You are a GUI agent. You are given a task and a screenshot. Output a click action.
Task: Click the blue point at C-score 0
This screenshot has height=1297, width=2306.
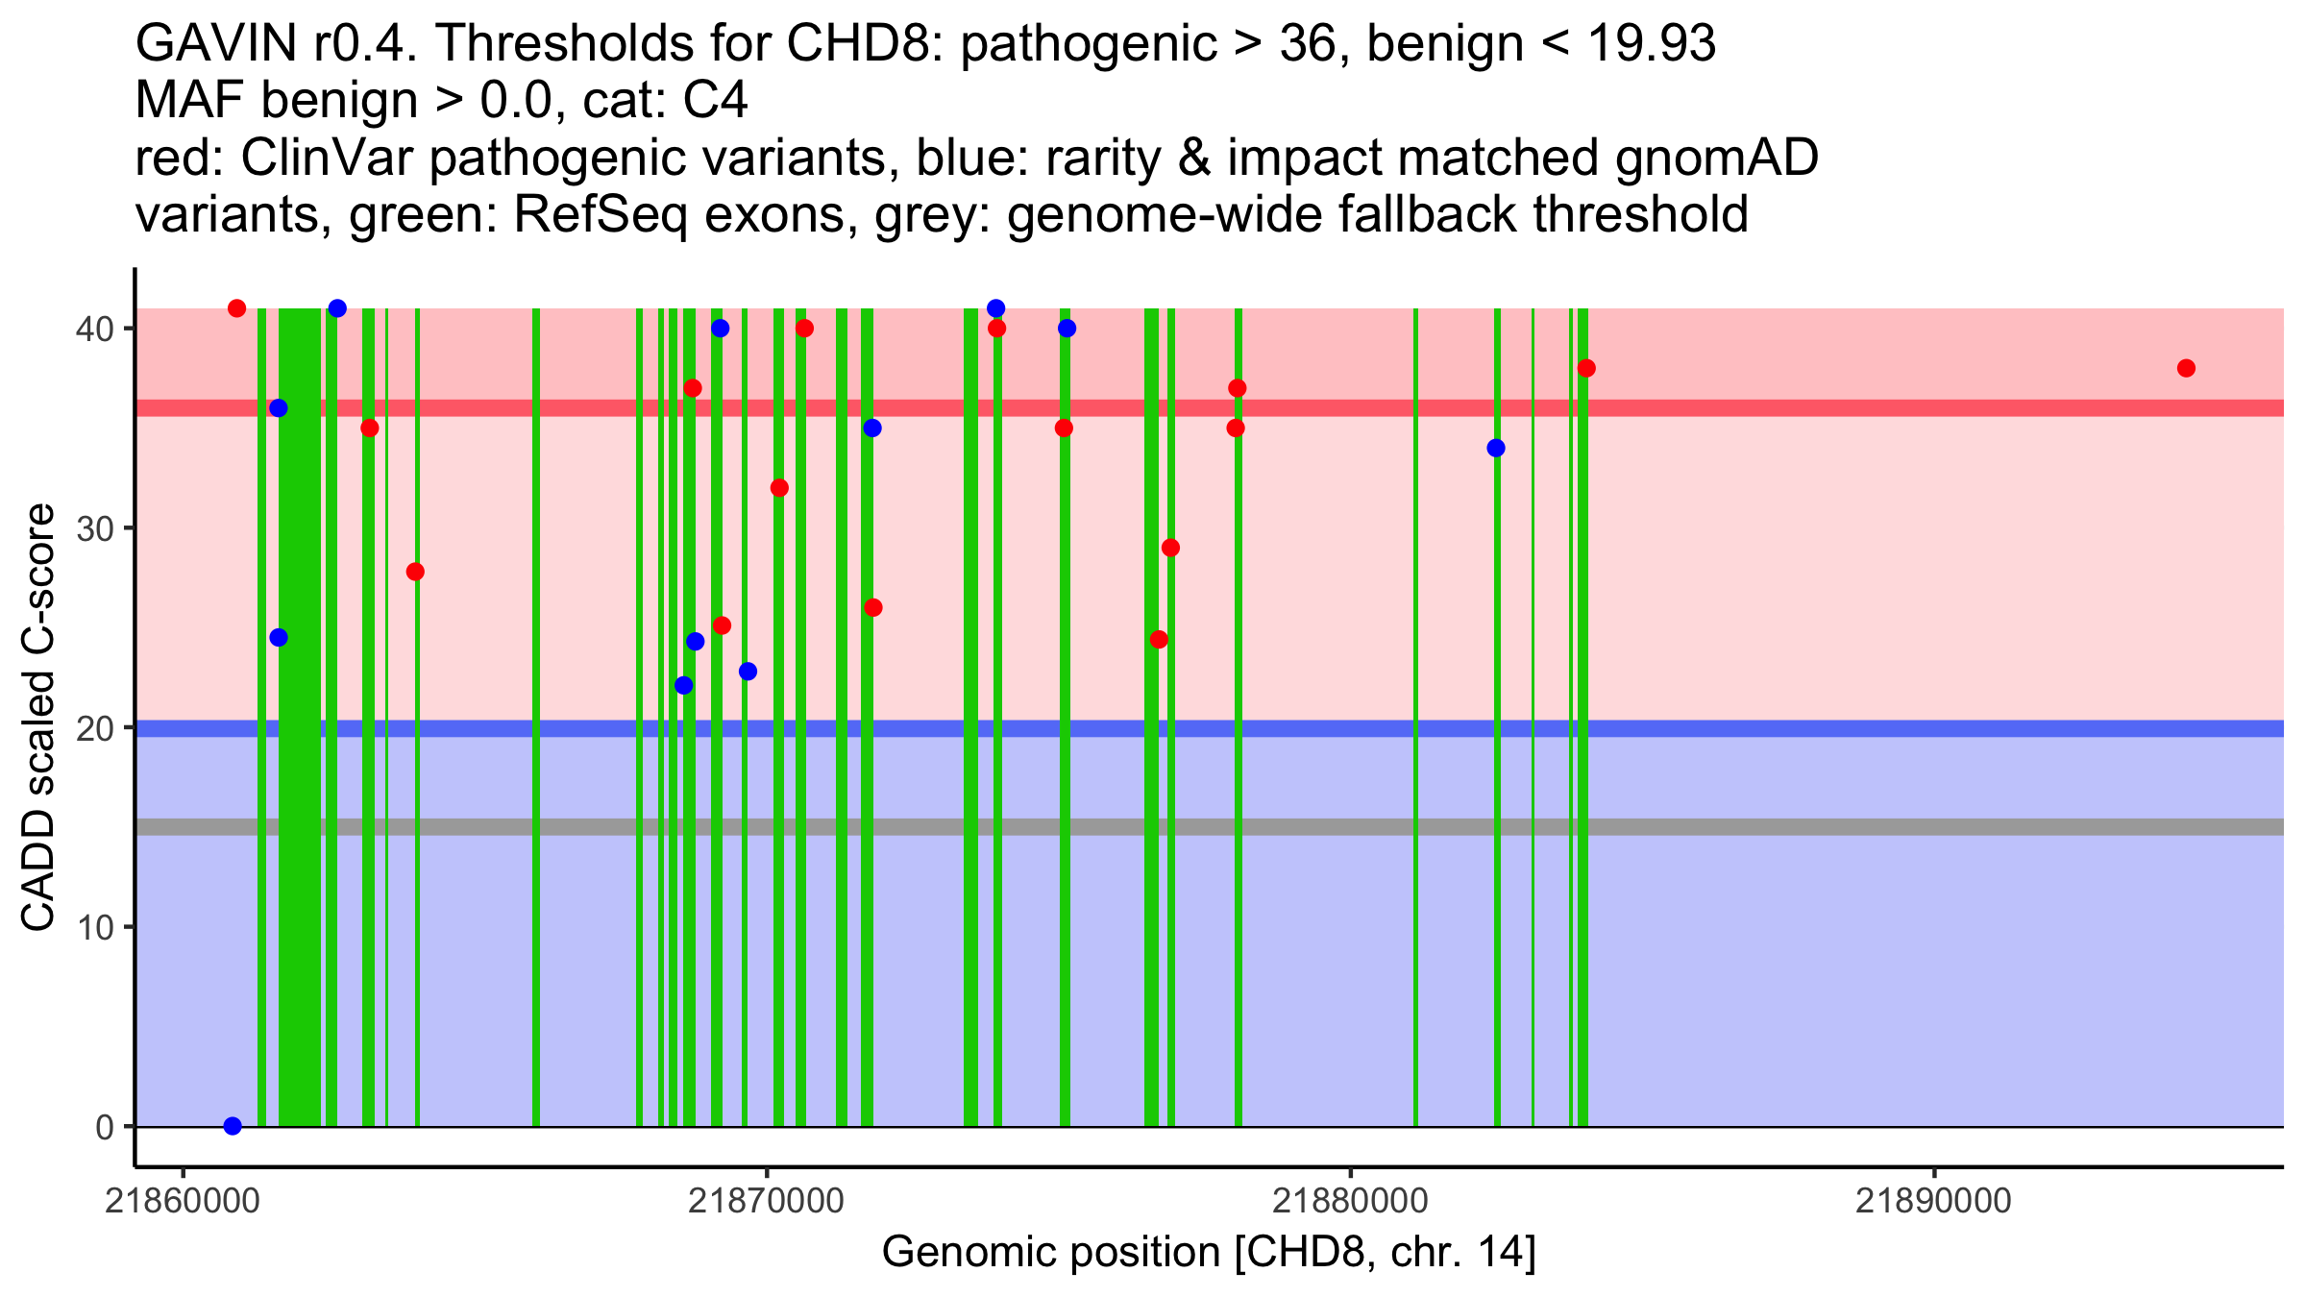click(233, 1126)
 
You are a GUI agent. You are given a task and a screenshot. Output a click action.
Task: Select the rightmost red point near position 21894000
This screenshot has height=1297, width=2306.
click(2186, 368)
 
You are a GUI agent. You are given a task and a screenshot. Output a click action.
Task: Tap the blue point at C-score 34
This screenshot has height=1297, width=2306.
click(1496, 448)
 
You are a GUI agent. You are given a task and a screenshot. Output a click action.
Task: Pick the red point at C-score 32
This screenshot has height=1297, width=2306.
click(779, 488)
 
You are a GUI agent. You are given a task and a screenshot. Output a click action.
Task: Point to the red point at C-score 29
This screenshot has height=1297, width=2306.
click(1170, 548)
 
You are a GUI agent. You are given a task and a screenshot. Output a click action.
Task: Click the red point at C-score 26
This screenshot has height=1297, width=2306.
click(873, 607)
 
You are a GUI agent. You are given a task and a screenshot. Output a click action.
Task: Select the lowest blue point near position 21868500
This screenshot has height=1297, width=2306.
click(684, 685)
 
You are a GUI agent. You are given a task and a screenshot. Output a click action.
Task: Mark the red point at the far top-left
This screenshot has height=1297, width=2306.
click(237, 308)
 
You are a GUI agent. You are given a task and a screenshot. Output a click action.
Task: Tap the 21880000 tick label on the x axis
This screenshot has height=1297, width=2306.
click(1350, 1201)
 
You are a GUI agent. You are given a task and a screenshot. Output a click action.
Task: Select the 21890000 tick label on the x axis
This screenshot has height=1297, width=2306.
click(1933, 1201)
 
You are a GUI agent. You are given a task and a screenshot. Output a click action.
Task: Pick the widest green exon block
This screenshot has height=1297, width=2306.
click(300, 717)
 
